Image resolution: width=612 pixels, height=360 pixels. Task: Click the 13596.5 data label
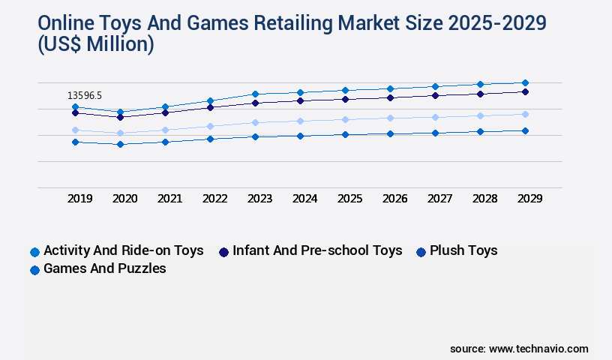pyautogui.click(x=84, y=95)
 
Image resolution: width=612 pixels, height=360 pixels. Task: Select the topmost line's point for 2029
pyautogui.click(x=525, y=82)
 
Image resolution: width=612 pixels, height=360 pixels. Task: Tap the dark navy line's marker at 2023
pyautogui.click(x=255, y=103)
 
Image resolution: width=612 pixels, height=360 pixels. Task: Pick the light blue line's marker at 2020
pyautogui.click(x=120, y=133)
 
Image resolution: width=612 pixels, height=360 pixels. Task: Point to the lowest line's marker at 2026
pyautogui.click(x=390, y=133)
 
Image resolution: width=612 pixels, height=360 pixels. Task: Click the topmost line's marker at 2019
pyautogui.click(x=75, y=106)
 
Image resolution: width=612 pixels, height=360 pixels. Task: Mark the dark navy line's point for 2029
pyautogui.click(x=525, y=91)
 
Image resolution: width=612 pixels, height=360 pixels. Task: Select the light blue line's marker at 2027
pyautogui.click(x=435, y=117)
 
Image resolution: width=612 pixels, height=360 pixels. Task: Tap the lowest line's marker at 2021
pyautogui.click(x=165, y=142)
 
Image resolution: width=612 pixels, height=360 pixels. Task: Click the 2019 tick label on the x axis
pyautogui.click(x=79, y=199)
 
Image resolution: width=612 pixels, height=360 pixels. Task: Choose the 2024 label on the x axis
pyautogui.click(x=304, y=199)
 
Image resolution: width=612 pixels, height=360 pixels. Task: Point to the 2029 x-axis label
pyautogui.click(x=529, y=199)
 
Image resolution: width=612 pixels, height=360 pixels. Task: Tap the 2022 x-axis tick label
pyautogui.click(x=214, y=199)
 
